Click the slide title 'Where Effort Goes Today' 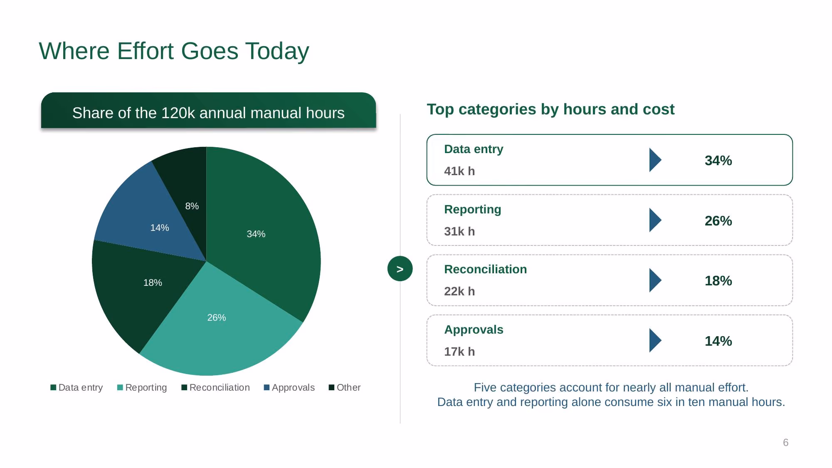(174, 51)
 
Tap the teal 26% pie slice (220, 329)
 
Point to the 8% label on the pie (192, 206)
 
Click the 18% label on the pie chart (153, 282)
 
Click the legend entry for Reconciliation (215, 387)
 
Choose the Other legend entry (344, 387)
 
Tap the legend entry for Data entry (77, 387)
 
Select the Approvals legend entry (289, 387)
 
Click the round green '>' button (400, 269)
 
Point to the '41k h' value (459, 171)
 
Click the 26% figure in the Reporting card (718, 220)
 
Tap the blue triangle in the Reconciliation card (655, 280)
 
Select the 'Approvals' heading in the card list (474, 329)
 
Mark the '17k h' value (459, 352)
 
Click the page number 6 (785, 442)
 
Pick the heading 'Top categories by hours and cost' (551, 109)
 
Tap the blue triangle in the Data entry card (655, 160)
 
